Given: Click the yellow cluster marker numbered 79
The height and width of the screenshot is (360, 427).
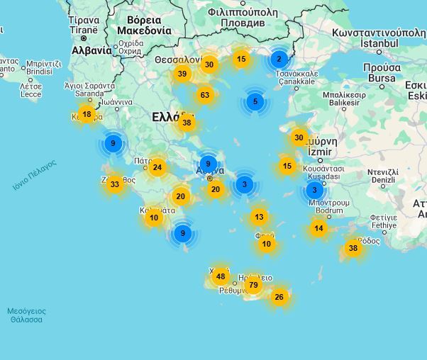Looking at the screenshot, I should pyautogui.click(x=253, y=285).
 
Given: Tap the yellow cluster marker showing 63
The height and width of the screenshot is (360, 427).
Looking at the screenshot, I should pyautogui.click(x=205, y=95).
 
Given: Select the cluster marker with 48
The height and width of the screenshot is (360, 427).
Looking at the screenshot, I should pyautogui.click(x=221, y=276).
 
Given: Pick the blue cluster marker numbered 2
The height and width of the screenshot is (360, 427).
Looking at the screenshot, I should pyautogui.click(x=279, y=60).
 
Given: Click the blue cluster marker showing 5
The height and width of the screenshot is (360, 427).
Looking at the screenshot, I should pyautogui.click(x=255, y=102).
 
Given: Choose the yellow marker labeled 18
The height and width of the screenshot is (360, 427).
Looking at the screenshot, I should pyautogui.click(x=87, y=114).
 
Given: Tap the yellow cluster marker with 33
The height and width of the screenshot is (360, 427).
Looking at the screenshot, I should pyautogui.click(x=115, y=184).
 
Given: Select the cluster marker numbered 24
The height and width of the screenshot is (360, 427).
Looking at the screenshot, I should pyautogui.click(x=157, y=168).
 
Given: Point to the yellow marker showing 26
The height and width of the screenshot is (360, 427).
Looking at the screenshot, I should pyautogui.click(x=279, y=297).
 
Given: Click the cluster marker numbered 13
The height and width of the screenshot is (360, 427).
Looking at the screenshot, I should pyautogui.click(x=259, y=217).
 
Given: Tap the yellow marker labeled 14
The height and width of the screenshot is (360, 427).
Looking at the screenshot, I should pyautogui.click(x=318, y=228).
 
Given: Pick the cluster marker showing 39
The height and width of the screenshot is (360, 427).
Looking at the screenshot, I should pyautogui.click(x=182, y=74).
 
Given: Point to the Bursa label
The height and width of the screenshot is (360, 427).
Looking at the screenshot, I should pyautogui.click(x=382, y=78).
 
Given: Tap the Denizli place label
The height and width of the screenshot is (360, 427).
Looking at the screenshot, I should pyautogui.click(x=382, y=180).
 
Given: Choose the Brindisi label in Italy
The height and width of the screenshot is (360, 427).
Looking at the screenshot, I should pyautogui.click(x=39, y=72).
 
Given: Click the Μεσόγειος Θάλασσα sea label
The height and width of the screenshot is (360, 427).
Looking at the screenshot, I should pyautogui.click(x=26, y=315).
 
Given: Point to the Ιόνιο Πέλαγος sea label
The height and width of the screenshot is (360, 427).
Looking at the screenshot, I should pyautogui.click(x=33, y=176).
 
